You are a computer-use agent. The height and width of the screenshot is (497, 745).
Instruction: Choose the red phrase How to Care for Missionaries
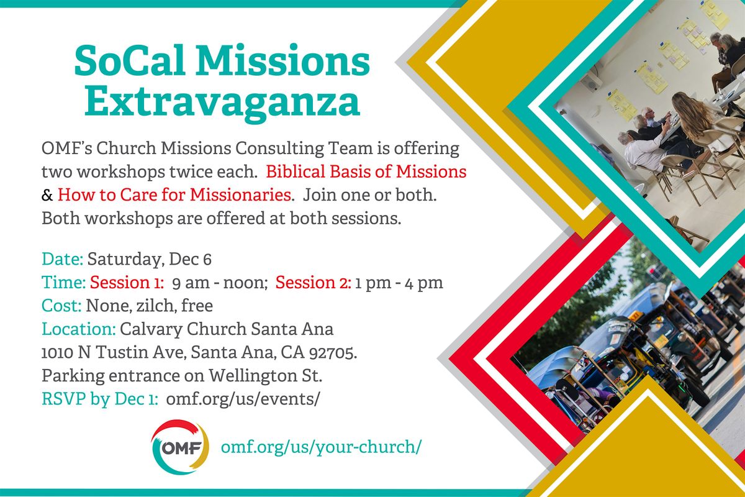pos(174,195)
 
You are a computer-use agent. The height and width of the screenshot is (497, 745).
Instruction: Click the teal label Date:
pos(63,259)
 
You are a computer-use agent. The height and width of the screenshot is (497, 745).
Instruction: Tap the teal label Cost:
pos(62,306)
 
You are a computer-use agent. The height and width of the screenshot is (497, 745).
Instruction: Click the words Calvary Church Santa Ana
pos(227,329)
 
